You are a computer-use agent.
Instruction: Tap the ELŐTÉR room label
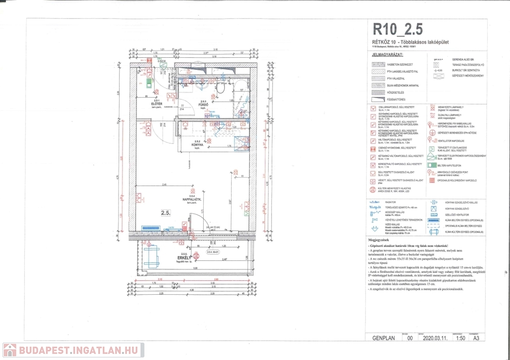pos(158,104)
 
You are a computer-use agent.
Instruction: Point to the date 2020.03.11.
pos(435,338)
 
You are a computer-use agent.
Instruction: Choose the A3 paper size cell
pos(477,338)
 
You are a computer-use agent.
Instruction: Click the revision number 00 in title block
pos(411,338)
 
